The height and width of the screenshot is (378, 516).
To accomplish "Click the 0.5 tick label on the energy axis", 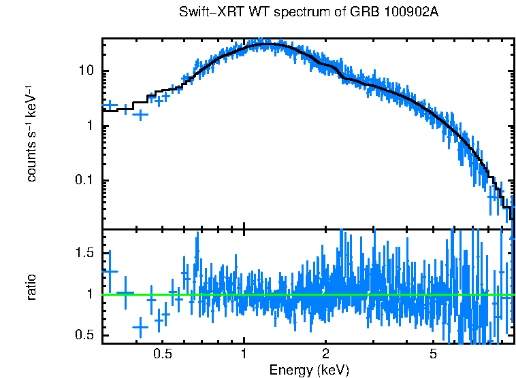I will [x=162, y=354].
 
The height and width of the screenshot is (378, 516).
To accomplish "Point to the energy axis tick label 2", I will [x=326, y=354].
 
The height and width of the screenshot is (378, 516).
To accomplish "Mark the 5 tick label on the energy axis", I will [x=433, y=354].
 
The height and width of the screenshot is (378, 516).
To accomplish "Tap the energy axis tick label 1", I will [x=244, y=354].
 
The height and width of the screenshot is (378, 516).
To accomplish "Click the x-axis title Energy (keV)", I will [x=309, y=370].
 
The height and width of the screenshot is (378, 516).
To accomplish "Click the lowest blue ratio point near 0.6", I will [x=140, y=327].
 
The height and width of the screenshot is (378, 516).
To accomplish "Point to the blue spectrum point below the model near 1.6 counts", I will [x=140, y=115].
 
